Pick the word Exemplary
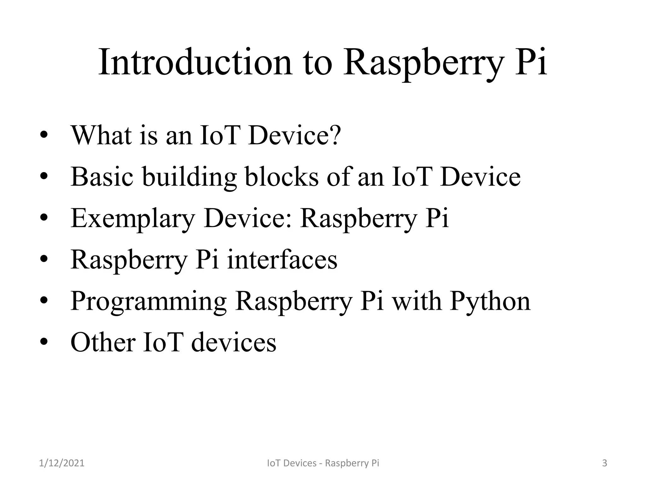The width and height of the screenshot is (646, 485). coord(133,219)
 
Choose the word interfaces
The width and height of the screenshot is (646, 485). coord(282,260)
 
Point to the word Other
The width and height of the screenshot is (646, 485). coord(103,343)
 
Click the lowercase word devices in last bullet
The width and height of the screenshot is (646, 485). coord(234,343)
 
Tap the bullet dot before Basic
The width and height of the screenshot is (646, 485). coord(44,177)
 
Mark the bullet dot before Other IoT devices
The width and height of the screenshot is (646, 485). coord(44,342)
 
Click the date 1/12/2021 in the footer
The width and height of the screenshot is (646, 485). coord(62,463)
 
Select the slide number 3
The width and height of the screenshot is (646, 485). coord(604,463)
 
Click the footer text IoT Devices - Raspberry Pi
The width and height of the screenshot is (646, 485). coord(323,463)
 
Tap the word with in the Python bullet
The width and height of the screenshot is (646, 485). coord(416,301)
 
